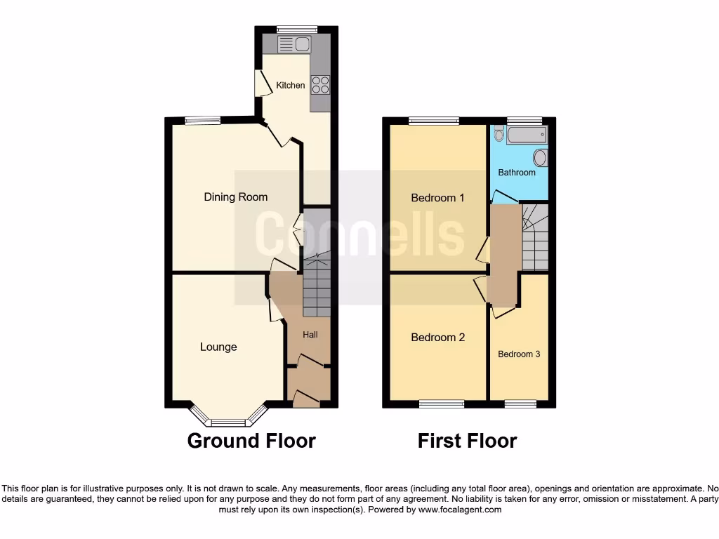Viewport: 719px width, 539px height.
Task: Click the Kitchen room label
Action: pos(290,86)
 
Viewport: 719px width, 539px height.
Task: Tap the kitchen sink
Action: pos(295,45)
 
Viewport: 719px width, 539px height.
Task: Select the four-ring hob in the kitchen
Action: pos(320,85)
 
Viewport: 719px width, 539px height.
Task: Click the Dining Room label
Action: pos(236,197)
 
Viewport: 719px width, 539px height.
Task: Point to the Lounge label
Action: pos(218,347)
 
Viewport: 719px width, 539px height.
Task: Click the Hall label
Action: pos(310,335)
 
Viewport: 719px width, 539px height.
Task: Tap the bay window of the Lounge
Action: pos(227,422)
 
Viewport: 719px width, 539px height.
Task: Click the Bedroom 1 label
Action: pos(437,198)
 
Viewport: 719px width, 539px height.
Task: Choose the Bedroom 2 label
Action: pos(437,338)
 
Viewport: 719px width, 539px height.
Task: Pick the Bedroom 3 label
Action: pos(519,354)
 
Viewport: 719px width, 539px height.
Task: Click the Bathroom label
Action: pos(517,173)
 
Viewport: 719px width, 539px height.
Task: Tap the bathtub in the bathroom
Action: pos(527,135)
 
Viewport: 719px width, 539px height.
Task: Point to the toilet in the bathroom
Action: pos(499,134)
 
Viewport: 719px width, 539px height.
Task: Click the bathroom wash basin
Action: pos(540,157)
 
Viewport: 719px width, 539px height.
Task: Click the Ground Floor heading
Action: pos(251,441)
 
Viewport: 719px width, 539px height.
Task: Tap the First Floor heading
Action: pos(467,441)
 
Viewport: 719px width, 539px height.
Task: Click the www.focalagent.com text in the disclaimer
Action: pos(460,510)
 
